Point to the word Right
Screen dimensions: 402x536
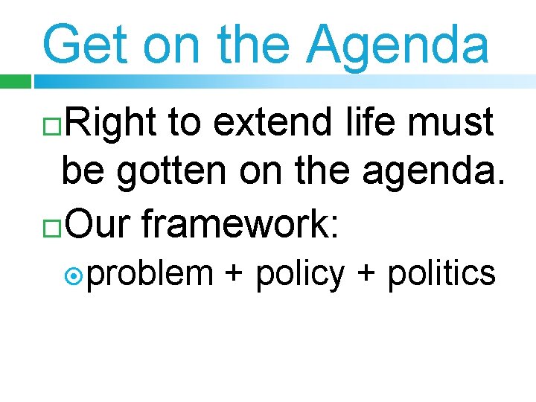point(110,123)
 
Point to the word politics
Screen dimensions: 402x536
point(441,274)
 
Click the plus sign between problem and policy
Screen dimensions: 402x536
point(234,274)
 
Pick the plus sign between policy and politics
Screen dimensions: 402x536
point(366,274)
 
